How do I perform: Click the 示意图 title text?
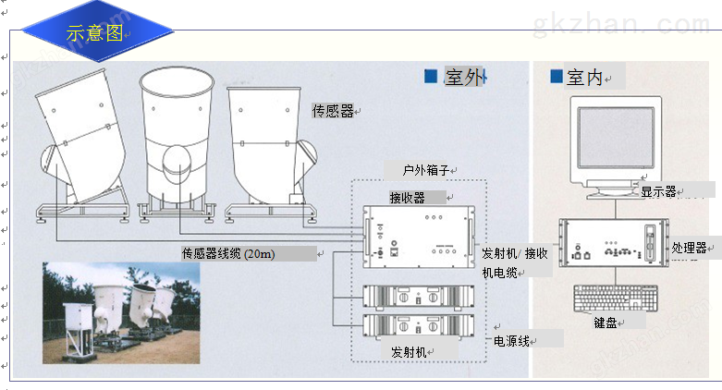click(x=94, y=33)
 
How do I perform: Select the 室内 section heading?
click(x=584, y=78)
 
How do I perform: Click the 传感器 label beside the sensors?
click(x=333, y=111)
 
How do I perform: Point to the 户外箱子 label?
click(x=426, y=170)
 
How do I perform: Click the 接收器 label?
click(x=407, y=198)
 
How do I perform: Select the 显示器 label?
click(x=658, y=191)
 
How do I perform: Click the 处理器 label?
click(x=689, y=248)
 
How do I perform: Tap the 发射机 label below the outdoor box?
click(x=408, y=352)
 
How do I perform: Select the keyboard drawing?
click(x=617, y=299)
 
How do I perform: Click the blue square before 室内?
click(x=556, y=76)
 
